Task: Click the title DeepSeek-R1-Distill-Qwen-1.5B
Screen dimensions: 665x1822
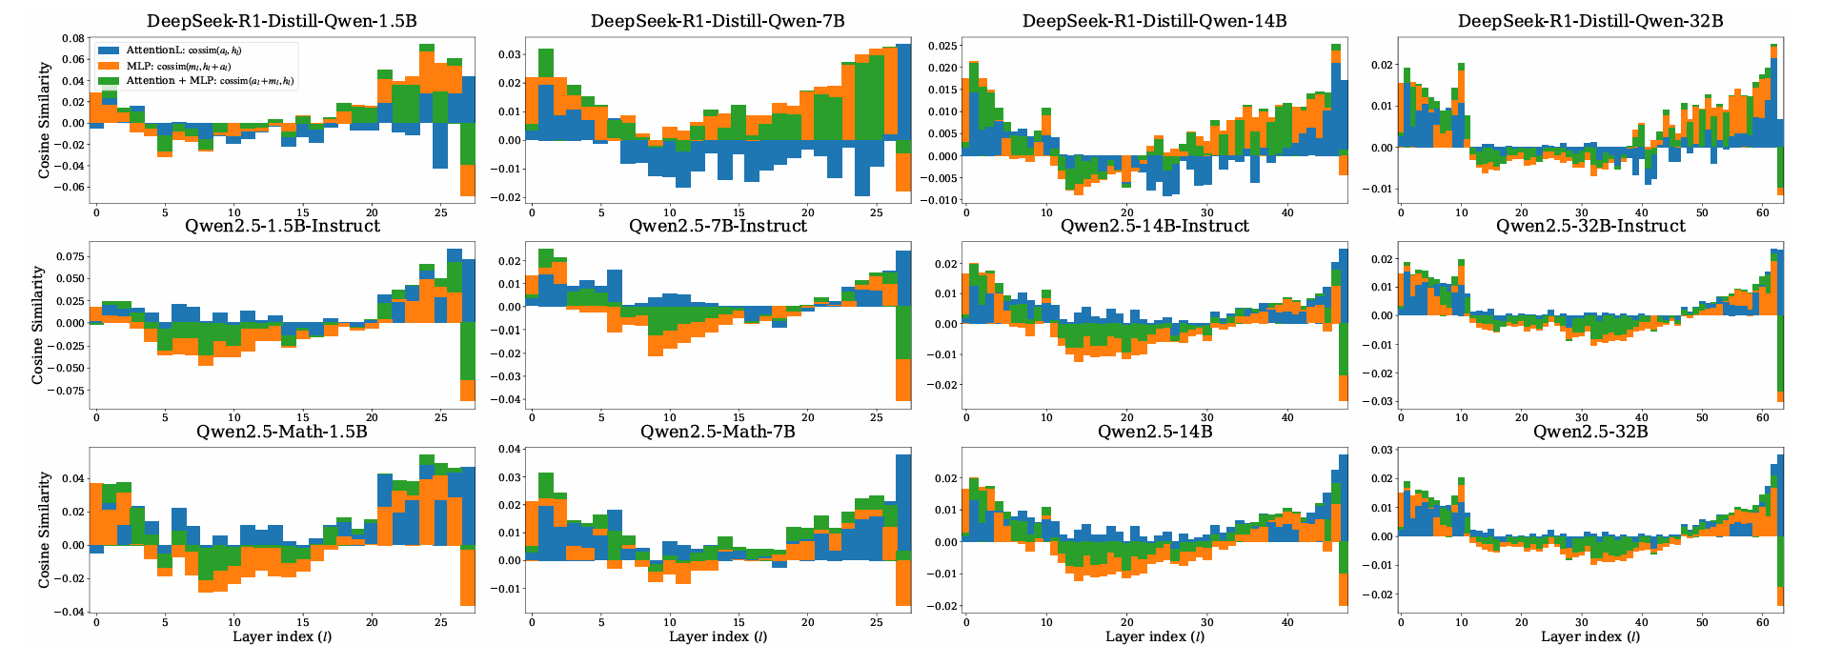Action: pyautogui.click(x=281, y=21)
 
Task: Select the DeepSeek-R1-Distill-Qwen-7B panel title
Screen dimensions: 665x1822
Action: pyautogui.click(x=718, y=21)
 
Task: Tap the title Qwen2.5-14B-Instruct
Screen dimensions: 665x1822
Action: pyautogui.click(x=1154, y=227)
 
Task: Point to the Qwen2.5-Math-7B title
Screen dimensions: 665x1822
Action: pyautogui.click(x=718, y=433)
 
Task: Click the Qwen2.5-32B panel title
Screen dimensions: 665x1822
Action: pyautogui.click(x=1590, y=433)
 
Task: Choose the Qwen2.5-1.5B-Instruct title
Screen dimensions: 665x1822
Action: pyautogui.click(x=282, y=227)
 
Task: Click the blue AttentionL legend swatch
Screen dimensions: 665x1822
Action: pyautogui.click(x=109, y=50)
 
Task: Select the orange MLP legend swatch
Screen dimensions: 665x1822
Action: pyautogui.click(x=109, y=66)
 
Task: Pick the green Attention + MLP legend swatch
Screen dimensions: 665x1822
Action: pyautogui.click(x=109, y=81)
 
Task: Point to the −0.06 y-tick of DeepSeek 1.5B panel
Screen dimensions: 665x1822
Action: pyautogui.click(x=70, y=187)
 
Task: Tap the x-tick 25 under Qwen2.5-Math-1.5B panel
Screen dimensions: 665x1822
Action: pyautogui.click(x=441, y=622)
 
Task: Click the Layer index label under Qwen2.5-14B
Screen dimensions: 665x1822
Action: pyautogui.click(x=1154, y=637)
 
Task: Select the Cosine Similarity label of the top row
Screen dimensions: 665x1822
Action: pyautogui.click(x=45, y=120)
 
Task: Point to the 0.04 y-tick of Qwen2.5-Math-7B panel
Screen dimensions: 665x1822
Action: pyautogui.click(x=510, y=450)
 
